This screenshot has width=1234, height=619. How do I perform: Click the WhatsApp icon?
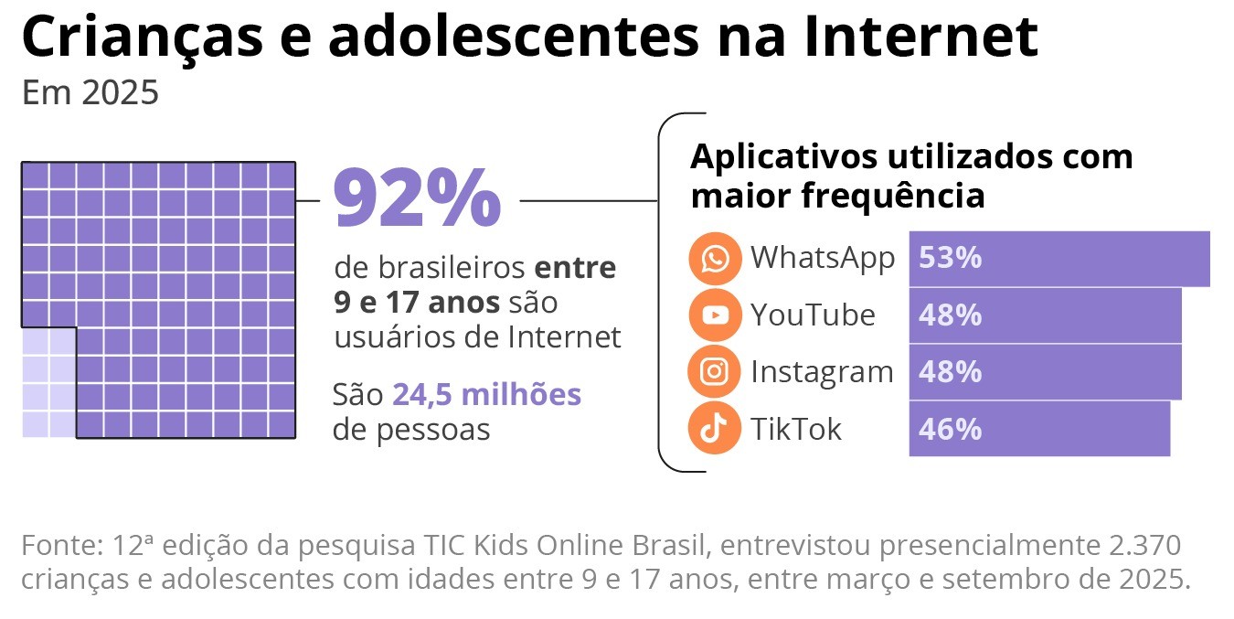(715, 259)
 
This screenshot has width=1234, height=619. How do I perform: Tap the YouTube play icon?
(715, 315)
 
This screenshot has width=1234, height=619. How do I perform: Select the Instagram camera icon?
(715, 372)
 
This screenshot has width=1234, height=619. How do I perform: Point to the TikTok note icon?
(715, 429)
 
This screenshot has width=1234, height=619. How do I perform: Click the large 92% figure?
(418, 199)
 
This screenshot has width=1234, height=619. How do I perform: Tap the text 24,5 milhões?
(486, 395)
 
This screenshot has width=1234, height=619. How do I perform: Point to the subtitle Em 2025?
(90, 93)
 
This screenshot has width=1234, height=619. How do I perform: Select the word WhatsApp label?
(822, 258)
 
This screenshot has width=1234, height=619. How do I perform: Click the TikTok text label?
(795, 429)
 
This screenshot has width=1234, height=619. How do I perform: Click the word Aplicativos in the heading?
(782, 156)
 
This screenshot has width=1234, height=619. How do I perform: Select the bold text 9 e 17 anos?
(417, 302)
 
